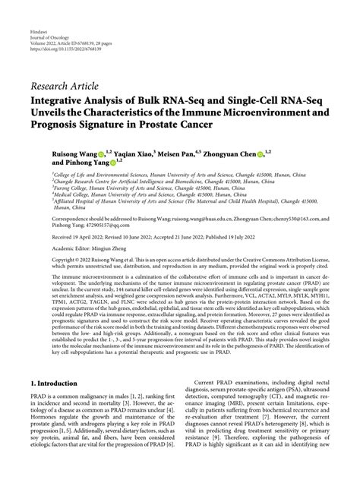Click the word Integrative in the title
point(61,97)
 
